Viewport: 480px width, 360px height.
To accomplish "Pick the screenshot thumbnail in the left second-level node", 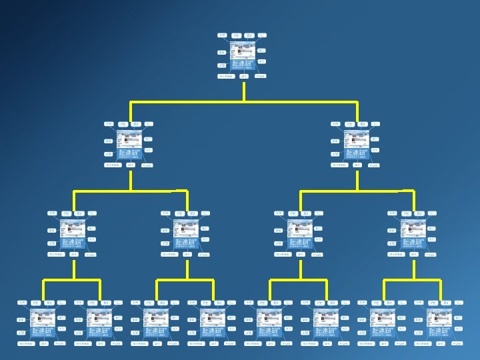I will (x=129, y=139).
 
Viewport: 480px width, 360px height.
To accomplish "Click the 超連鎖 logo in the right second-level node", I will (x=356, y=153).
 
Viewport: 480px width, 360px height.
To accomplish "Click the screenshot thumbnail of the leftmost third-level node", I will (x=73, y=228).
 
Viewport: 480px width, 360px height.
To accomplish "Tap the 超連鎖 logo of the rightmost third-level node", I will (x=413, y=241).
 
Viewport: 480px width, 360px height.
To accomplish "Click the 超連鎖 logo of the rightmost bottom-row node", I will (x=439, y=331).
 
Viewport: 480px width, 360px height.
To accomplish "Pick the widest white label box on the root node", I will (x=227, y=76).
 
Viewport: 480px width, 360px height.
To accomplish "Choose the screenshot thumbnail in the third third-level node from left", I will (x=299, y=228).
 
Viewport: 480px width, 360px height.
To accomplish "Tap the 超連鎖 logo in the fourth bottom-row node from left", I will (x=213, y=331).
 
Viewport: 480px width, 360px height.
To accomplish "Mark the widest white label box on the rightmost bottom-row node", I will (x=423, y=343).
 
